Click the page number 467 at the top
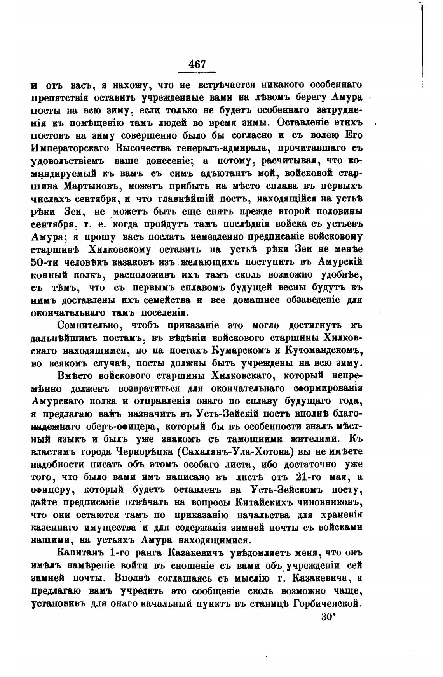point(197,64)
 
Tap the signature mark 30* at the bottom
point(328,617)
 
